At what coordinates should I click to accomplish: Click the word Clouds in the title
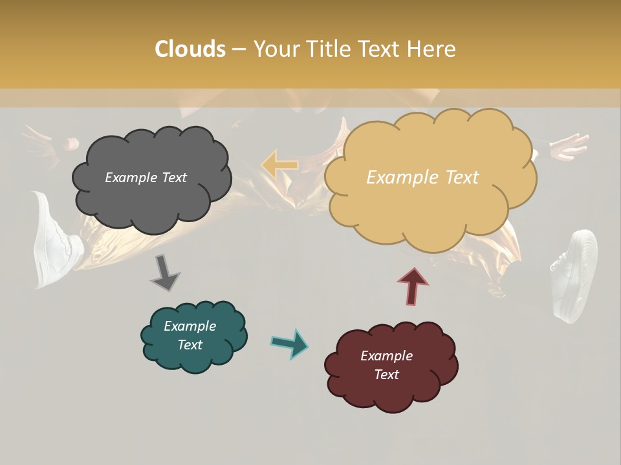pos(190,49)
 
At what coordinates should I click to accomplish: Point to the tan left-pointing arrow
pos(279,165)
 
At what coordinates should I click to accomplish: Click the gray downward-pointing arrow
pos(165,273)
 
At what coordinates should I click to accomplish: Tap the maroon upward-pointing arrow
pos(413,286)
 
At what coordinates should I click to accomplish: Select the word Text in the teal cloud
pos(190,345)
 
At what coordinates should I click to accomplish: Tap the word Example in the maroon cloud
pos(386,356)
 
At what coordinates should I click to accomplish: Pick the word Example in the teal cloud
pos(190,326)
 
